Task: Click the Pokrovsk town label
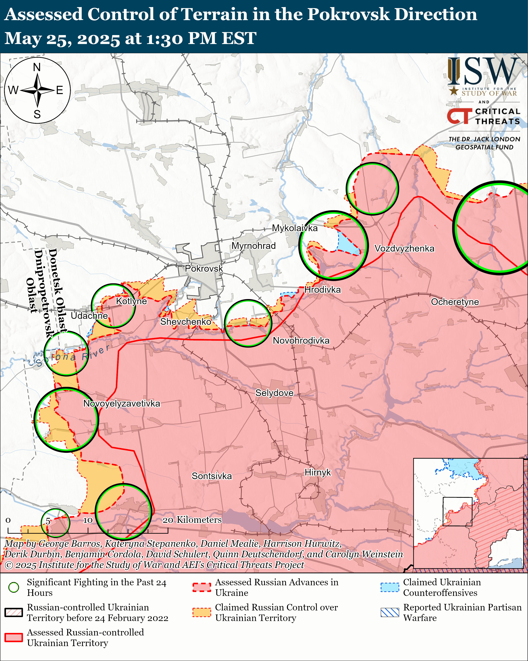pos(204,269)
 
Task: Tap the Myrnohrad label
pos(253,246)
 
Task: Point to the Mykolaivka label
pos(295,228)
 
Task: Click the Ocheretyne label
pos(455,302)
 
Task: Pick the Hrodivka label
pos(322,290)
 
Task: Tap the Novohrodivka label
pos(301,341)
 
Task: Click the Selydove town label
pos(274,393)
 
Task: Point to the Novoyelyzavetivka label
pos(121,404)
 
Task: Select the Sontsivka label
pos(212,476)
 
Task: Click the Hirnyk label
pos(318,472)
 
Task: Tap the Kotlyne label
pos(131,301)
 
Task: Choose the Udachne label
pos(89,316)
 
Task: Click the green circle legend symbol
pos(14,587)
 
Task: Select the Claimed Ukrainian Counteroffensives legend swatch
pos(390,587)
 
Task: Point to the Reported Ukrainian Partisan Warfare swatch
pos(390,612)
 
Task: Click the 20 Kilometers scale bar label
pos(192,520)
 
